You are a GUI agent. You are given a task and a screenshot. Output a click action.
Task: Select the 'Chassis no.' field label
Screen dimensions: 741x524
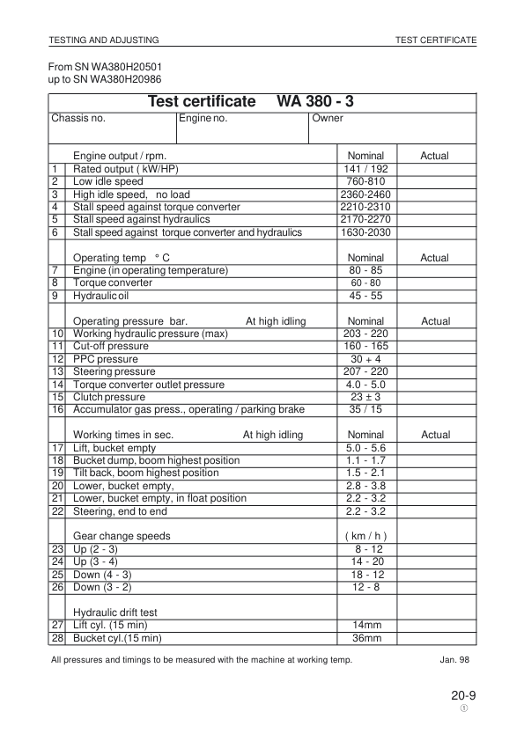(x=78, y=118)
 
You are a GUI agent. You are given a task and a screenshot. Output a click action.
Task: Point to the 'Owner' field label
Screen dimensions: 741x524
(x=328, y=118)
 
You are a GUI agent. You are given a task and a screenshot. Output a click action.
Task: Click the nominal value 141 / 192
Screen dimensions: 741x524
(x=367, y=169)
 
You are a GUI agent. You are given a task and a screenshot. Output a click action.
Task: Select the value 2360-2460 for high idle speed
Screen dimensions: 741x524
(x=367, y=194)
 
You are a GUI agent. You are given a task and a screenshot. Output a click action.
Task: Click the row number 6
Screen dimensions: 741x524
(x=55, y=232)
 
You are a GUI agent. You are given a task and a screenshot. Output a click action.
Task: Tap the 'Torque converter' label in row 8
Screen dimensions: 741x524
(x=110, y=283)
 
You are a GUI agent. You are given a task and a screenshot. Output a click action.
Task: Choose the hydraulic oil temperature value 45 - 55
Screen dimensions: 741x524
(x=367, y=296)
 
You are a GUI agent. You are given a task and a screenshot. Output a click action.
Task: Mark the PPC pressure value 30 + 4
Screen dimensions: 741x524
(x=367, y=359)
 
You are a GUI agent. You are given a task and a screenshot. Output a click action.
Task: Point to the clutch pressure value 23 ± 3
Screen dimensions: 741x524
(x=367, y=397)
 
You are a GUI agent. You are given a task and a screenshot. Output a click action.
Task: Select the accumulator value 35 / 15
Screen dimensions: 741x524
(x=367, y=409)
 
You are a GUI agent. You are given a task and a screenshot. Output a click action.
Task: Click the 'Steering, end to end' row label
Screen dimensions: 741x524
(x=120, y=511)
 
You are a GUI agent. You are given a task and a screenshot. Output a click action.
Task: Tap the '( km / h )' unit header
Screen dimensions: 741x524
(x=367, y=536)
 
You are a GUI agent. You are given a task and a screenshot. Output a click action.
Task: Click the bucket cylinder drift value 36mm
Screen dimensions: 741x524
(x=367, y=638)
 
